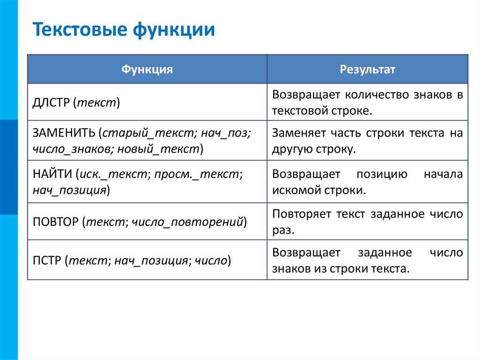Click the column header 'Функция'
pyautogui.click(x=147, y=69)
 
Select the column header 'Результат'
pyautogui.click(x=368, y=69)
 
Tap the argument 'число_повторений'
pyautogui.click(x=188, y=222)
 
